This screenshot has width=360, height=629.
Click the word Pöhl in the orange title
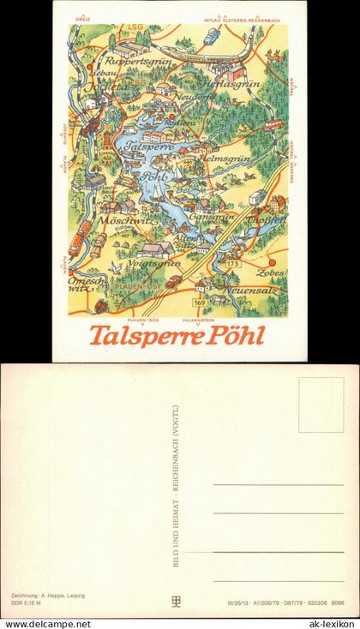coord(234,334)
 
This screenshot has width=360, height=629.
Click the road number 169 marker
coord(199,303)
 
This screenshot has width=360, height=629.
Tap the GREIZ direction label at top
coord(82,17)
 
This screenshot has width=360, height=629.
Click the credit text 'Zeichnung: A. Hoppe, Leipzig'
coord(49,595)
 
